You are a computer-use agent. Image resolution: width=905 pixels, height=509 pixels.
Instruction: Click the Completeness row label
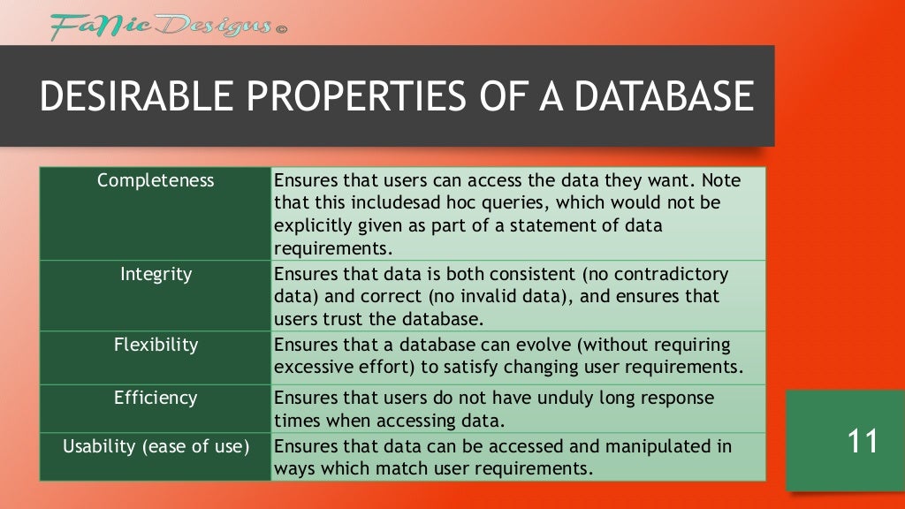(x=156, y=180)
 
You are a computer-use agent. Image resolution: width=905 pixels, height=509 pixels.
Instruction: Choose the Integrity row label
(x=156, y=274)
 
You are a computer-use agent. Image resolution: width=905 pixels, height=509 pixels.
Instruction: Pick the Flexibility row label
(x=156, y=345)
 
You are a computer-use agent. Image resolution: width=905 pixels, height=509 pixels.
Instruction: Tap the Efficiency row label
(x=156, y=398)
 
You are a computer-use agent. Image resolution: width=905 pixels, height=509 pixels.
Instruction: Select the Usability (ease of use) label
(x=156, y=446)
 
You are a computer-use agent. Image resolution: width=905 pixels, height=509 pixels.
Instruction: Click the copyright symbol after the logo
(x=282, y=29)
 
